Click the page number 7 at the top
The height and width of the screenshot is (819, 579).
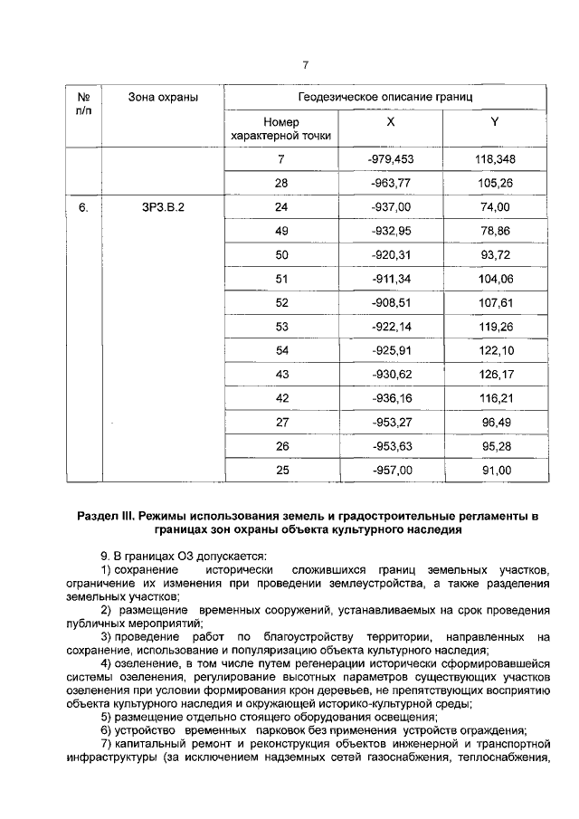(305, 65)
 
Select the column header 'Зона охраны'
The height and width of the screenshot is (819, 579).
(163, 96)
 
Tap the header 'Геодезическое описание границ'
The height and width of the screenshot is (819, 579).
(384, 96)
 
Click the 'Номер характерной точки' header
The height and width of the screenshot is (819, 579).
(280, 129)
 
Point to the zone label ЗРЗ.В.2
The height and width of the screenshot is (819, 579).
(163, 207)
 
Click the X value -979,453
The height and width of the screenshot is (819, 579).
(391, 159)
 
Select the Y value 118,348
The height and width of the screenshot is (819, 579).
(494, 159)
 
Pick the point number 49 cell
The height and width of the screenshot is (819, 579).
(280, 231)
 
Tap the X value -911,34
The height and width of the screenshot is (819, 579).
(391, 279)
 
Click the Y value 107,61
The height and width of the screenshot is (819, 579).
(494, 302)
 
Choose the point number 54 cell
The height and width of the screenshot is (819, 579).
(280, 350)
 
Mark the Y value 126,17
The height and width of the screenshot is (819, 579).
(494, 374)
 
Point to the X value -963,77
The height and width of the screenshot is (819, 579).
(391, 184)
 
